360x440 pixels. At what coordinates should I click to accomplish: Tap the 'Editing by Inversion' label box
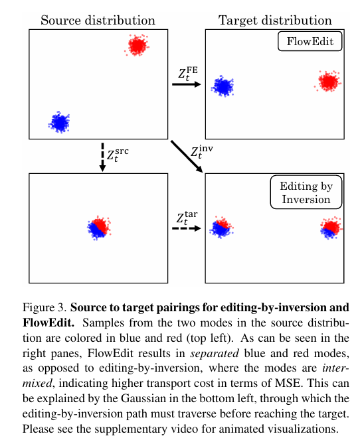pos(306,192)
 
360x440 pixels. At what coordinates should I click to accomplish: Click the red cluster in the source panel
pos(137,45)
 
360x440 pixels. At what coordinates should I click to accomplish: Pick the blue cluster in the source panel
pos(59,122)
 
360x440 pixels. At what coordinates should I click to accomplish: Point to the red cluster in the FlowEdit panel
pos(328,82)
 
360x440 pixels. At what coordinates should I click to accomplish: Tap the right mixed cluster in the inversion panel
pos(329,228)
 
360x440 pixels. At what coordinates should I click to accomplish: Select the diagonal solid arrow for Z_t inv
pos(188,156)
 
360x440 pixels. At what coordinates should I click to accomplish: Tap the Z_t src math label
pos(118,156)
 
